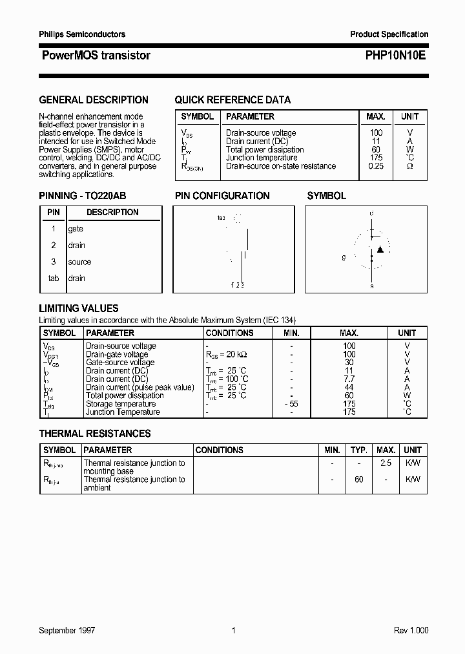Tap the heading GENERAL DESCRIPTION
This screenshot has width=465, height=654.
tap(94, 100)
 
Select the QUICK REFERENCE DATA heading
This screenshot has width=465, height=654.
tap(232, 100)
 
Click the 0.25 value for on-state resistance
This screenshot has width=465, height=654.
tap(375, 166)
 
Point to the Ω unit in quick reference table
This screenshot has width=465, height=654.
tap(409, 166)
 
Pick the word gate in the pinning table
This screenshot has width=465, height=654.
tap(76, 229)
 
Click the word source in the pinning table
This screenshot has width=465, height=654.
tap(79, 262)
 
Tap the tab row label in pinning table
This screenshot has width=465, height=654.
tap(54, 278)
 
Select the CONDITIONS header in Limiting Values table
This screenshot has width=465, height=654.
tap(229, 333)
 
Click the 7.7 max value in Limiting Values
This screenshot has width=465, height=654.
tap(349, 379)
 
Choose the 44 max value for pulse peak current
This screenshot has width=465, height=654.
tap(349, 387)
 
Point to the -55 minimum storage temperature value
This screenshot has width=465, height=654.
tap(291, 404)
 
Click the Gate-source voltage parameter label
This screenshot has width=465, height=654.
tap(120, 363)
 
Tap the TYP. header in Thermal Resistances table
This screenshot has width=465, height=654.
tap(359, 450)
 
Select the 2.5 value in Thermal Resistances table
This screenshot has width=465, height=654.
tap(386, 463)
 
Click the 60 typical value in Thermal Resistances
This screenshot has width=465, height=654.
tap(359, 480)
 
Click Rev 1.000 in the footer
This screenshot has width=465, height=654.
tap(411, 631)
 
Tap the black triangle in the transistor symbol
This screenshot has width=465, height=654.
tap(380, 249)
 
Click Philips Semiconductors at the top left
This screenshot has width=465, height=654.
tap(82, 34)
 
